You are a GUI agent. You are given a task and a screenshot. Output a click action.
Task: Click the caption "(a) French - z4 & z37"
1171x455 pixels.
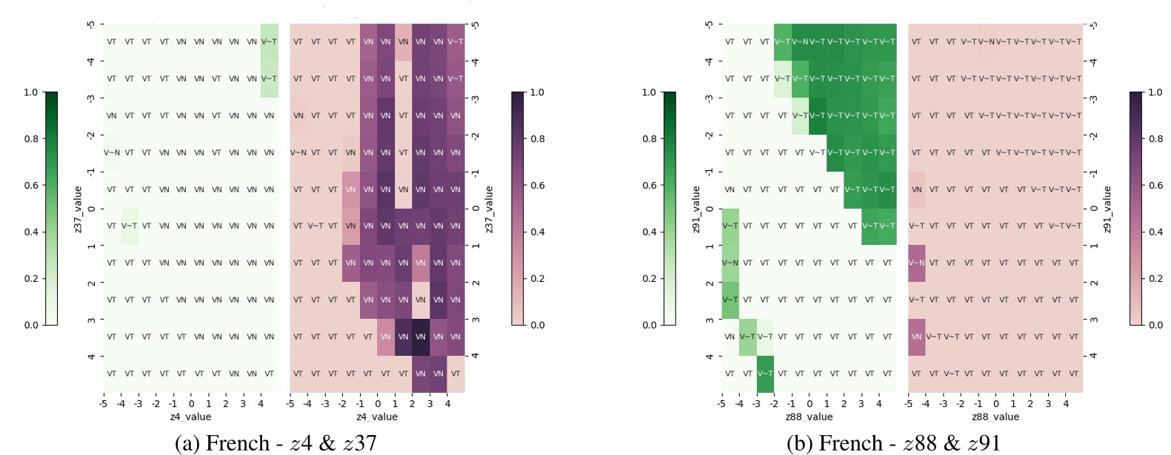[x=276, y=443]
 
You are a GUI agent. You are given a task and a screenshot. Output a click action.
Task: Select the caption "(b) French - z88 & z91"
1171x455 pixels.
[x=893, y=443]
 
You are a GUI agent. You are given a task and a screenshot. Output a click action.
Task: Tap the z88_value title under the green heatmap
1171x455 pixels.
[x=809, y=417]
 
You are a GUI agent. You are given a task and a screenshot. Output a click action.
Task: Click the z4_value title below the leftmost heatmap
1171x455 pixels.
[x=190, y=417]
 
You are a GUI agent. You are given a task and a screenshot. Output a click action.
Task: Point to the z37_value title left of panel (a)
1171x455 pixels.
[x=78, y=209]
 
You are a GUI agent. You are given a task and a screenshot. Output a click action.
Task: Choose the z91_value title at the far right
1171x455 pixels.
[x=1107, y=209]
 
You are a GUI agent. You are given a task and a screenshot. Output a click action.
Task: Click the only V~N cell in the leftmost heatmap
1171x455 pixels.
[x=111, y=152]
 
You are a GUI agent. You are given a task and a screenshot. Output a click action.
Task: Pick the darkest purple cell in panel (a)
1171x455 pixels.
[x=421, y=337]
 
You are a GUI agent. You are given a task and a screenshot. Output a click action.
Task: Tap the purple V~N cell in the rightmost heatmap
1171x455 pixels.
[x=917, y=263]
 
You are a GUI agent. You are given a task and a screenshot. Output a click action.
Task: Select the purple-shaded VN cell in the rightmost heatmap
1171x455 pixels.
[x=917, y=337]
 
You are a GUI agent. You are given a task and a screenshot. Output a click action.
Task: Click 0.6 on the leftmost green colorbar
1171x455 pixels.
[x=30, y=185]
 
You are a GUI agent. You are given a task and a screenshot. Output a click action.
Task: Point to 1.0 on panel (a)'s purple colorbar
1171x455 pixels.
[x=537, y=92]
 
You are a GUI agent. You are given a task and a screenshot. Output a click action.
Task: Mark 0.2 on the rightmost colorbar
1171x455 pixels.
[x=1155, y=278]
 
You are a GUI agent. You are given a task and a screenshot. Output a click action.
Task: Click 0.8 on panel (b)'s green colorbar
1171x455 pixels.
[x=649, y=139]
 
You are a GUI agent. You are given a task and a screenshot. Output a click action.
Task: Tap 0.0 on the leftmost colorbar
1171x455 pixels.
[x=30, y=325]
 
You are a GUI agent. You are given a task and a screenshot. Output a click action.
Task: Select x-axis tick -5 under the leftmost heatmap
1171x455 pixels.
[x=104, y=404]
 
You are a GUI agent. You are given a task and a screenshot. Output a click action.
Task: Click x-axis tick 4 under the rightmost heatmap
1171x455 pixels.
[x=1066, y=404]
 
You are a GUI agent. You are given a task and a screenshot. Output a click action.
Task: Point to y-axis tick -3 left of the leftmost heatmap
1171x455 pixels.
[x=90, y=98]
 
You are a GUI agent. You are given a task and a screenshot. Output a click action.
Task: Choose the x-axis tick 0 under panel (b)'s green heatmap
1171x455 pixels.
[x=810, y=404]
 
